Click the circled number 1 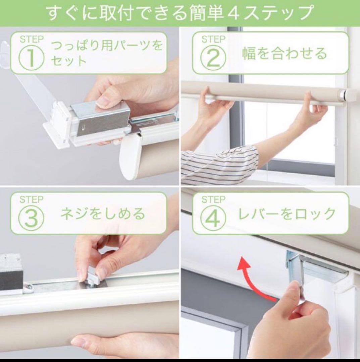pos(31,57)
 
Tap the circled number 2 pos(213,58)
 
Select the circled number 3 pos(31,218)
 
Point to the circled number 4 pos(213,218)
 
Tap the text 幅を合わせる pos(285,53)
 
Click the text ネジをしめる pos(103,214)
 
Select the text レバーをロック pos(287,214)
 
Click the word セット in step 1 pos(69,61)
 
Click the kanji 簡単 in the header pos(206,13)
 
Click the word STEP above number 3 pos(32,199)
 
